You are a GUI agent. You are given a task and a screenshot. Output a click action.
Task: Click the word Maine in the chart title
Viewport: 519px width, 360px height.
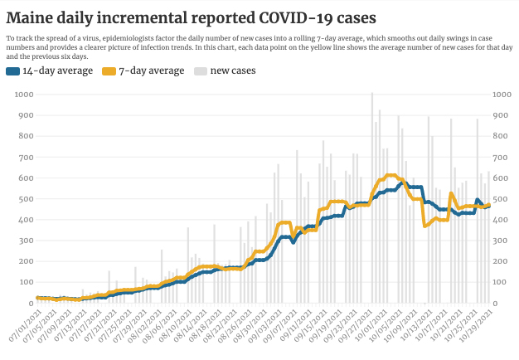coord(32,17)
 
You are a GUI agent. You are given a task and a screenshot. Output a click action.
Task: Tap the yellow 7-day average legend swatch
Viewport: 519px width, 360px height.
coord(108,71)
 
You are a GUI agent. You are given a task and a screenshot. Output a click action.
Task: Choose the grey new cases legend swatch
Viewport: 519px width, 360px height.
coord(201,71)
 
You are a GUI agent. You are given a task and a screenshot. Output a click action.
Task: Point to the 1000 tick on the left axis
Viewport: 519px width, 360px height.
coord(22,95)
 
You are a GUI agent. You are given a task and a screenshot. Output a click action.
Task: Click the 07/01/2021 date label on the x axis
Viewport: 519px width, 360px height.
coord(22,327)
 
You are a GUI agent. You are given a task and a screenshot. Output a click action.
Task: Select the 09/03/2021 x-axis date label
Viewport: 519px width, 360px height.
coord(264,327)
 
